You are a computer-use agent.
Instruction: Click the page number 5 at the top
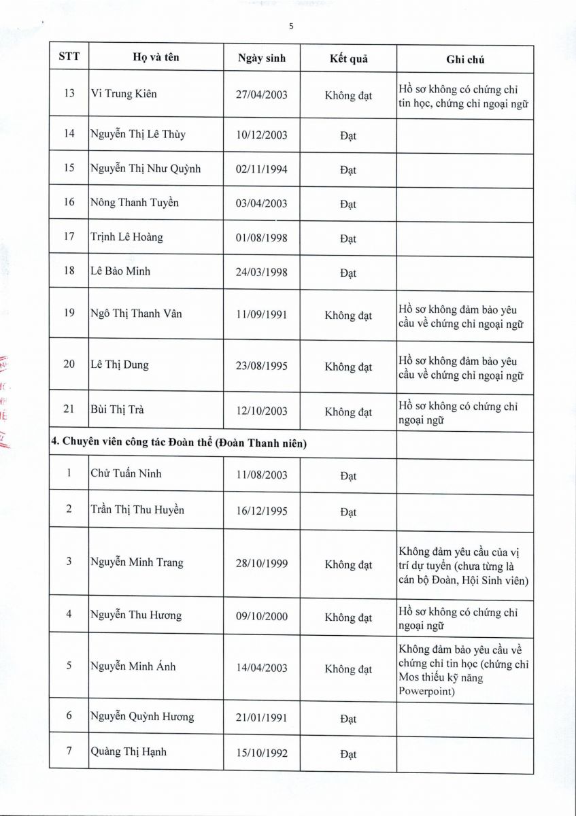tap(291, 27)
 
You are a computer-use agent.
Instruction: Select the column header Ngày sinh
tap(262, 58)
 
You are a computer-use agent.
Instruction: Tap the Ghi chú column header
tap(465, 60)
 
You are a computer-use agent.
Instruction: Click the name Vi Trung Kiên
tap(124, 94)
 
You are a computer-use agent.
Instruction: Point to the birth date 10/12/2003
tap(262, 135)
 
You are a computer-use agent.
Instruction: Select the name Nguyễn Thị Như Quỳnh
tap(146, 169)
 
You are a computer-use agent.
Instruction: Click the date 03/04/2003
tap(262, 203)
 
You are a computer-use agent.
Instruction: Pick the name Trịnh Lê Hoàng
tap(126, 237)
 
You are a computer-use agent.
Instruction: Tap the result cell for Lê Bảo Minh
tap(348, 273)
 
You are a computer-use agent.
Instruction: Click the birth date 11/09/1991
tap(262, 315)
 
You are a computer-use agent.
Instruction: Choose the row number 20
tap(69, 364)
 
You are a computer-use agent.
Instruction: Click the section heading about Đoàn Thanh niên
tap(180, 443)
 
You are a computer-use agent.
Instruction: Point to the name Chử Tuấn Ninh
tap(126, 474)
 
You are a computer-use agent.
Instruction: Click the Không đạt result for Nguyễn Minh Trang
tap(348, 564)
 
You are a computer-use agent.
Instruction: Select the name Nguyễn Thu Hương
tap(136, 615)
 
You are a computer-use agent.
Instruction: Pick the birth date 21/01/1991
tap(262, 718)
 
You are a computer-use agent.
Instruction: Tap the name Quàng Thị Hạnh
tap(129, 752)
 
